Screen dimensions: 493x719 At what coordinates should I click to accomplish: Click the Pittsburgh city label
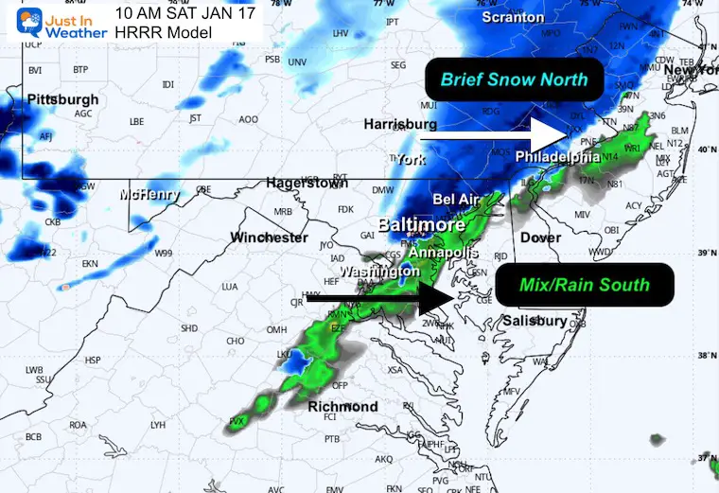[62, 99]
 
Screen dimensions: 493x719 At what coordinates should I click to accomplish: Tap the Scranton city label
[512, 17]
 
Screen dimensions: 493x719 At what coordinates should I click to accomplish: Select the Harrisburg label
[400, 124]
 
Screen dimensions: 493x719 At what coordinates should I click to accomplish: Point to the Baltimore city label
[421, 225]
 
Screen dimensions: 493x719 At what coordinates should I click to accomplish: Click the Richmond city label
[342, 407]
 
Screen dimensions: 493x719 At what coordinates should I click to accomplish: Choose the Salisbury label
[534, 322]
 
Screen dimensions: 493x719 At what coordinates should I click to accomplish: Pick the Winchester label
[270, 237]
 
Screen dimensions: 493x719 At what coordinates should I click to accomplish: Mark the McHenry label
[149, 195]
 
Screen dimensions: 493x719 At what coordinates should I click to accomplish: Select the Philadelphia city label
[558, 156]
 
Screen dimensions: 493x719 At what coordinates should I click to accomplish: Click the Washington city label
[379, 272]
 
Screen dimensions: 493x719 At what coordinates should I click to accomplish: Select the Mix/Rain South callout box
[584, 284]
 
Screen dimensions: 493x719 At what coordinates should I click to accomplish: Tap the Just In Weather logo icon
[20, 20]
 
